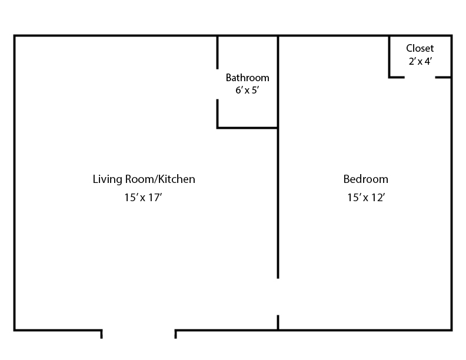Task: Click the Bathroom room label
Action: (247, 78)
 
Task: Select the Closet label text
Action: (420, 48)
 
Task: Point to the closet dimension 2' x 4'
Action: (420, 61)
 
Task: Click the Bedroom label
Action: (365, 179)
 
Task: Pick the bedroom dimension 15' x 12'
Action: (365, 198)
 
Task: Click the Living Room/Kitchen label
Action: (144, 179)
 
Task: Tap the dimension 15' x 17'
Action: (142, 198)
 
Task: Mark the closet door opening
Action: (420, 77)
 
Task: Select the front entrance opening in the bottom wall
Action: (138, 331)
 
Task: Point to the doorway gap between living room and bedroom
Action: (278, 296)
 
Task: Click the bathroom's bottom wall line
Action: (247, 128)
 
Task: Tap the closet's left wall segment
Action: (389, 56)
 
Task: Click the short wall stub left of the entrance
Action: (102, 334)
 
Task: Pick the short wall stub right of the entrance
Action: (176, 334)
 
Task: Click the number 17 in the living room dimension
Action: (155, 198)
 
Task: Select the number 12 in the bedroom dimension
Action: (378, 198)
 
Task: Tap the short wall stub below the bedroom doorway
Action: (278, 322)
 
